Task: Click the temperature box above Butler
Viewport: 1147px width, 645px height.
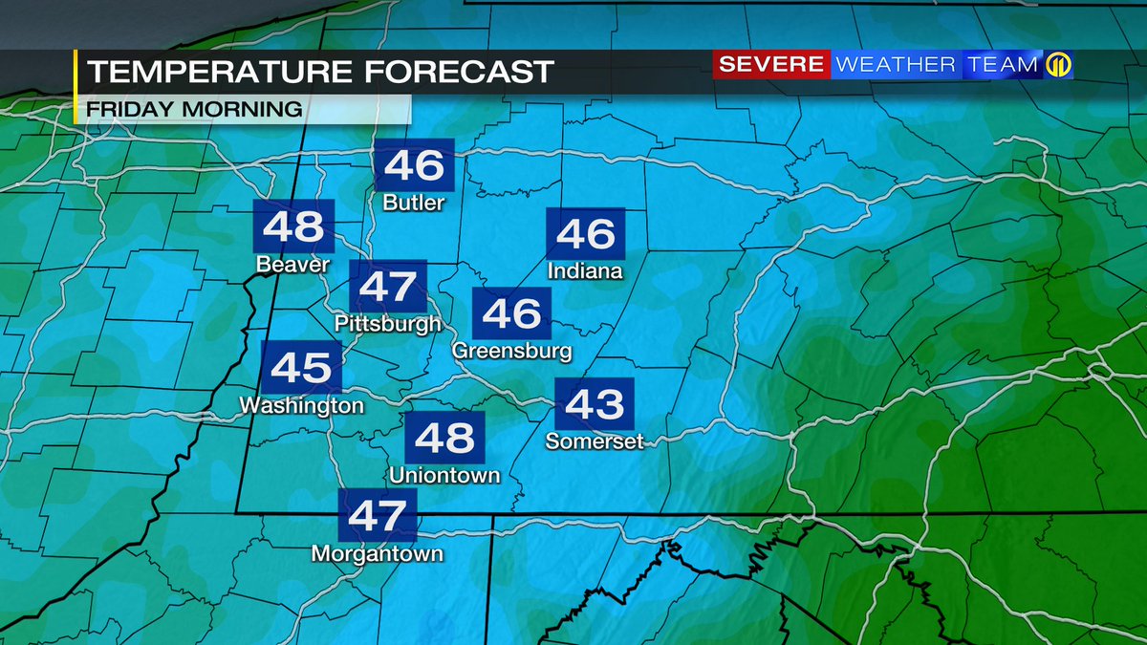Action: (413, 166)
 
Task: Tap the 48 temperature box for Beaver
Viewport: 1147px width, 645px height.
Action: (293, 227)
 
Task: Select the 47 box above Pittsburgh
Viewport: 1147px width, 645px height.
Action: (387, 286)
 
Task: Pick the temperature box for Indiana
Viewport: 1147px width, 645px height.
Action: (585, 234)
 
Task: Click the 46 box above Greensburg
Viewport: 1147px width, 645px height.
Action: (511, 313)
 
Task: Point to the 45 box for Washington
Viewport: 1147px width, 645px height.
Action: (301, 367)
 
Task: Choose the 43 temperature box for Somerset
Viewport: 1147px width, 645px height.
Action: (594, 405)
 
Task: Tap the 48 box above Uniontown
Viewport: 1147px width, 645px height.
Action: (445, 439)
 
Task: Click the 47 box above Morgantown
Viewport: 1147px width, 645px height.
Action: (379, 515)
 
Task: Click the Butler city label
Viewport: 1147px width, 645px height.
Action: (413, 204)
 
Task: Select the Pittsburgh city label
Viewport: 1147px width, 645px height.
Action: (388, 324)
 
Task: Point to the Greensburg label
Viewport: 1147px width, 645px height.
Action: (511, 351)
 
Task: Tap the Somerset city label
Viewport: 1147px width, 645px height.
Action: (595, 441)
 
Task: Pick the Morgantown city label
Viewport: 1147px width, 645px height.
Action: (378, 554)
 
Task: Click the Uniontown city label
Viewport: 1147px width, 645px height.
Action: (444, 475)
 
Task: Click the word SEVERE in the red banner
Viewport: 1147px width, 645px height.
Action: (770, 65)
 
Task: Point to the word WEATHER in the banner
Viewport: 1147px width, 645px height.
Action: (895, 65)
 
